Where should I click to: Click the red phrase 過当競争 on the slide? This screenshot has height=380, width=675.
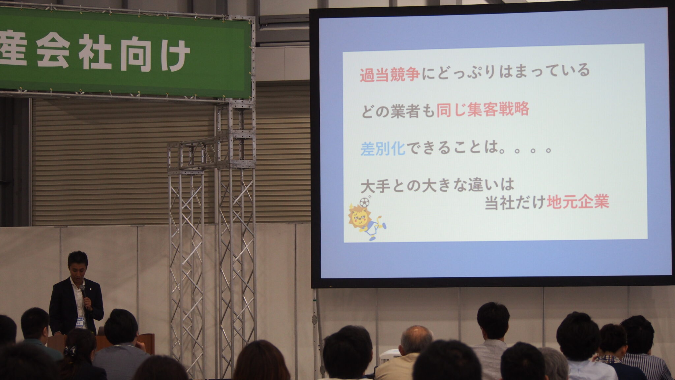[390, 75]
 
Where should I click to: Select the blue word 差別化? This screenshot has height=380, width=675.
[383, 148]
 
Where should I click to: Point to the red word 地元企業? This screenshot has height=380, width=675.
[578, 202]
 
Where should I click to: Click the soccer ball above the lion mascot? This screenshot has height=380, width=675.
[364, 202]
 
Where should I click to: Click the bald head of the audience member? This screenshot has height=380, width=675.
[416, 339]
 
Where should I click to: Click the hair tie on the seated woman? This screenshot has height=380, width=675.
[70, 350]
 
